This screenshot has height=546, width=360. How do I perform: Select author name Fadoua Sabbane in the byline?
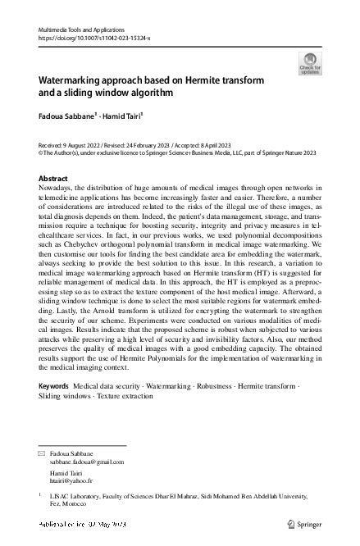(x=68, y=116)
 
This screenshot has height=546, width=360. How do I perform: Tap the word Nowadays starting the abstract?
(x=60, y=189)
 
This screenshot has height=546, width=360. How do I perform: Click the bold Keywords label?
(x=54, y=385)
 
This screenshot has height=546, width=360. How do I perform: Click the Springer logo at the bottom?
(x=308, y=523)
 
